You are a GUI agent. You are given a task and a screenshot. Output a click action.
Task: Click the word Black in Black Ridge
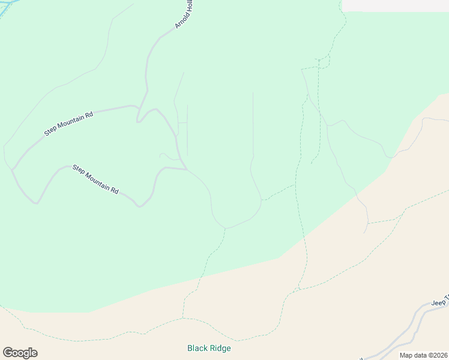point(197,348)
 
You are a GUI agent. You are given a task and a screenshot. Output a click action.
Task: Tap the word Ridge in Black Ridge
point(220,348)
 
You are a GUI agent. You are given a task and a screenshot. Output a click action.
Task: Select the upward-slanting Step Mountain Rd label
point(69,123)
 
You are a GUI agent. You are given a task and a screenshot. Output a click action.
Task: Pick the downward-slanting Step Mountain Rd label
point(95,179)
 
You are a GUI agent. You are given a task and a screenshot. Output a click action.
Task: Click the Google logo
point(20,353)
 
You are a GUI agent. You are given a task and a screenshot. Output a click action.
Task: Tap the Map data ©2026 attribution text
point(423,355)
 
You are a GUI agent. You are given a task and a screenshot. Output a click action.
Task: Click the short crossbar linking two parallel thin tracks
point(182,122)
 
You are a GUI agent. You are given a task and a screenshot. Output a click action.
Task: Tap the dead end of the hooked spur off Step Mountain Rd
point(160,154)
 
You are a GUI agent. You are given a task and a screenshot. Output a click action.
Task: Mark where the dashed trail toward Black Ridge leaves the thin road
point(225,229)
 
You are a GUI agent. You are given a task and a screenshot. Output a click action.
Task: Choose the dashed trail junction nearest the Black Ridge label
point(182,318)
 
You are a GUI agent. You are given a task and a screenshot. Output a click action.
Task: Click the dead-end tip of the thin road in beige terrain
point(364,233)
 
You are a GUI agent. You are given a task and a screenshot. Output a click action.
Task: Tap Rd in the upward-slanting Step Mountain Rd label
point(89,114)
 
